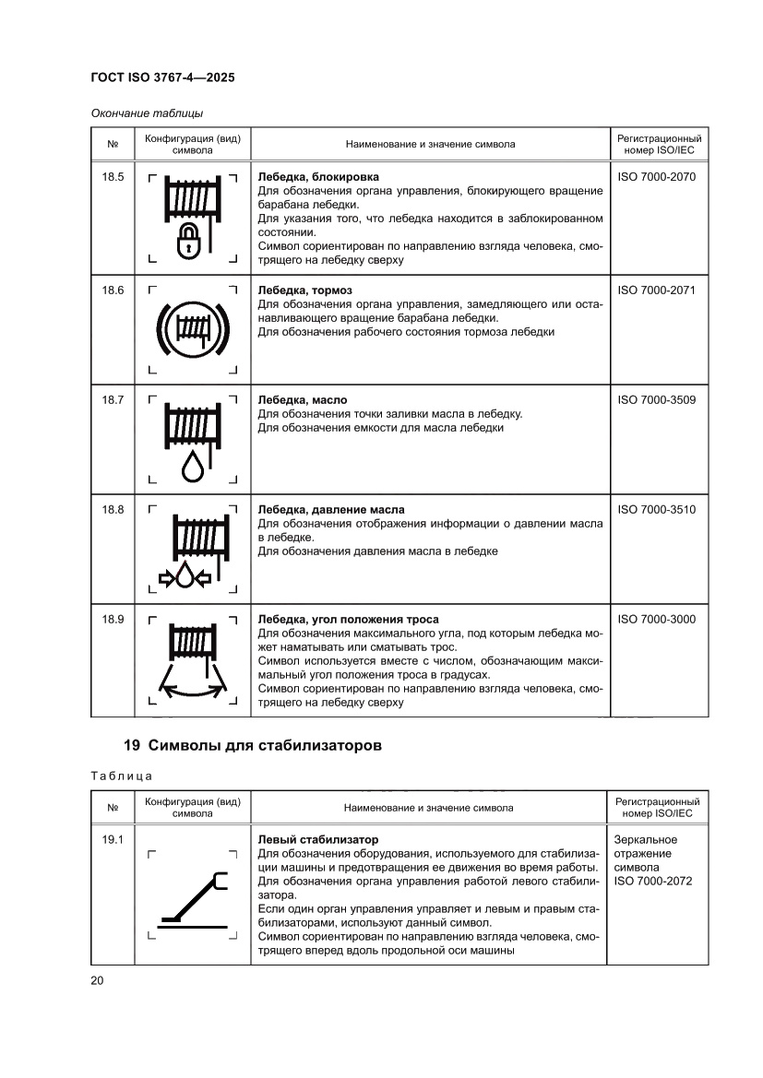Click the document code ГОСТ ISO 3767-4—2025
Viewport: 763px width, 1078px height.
pos(162,78)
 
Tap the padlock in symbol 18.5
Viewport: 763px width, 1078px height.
pos(188,241)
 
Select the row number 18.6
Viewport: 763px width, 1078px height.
pos(113,290)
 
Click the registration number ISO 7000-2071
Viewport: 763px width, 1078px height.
pos(656,290)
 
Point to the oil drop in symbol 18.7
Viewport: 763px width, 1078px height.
pos(193,466)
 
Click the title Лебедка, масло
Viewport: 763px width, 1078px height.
pos(302,399)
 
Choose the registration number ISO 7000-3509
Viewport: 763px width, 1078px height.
pos(656,399)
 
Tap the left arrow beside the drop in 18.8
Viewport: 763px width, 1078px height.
pos(168,578)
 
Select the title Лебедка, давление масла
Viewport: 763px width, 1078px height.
pos(330,509)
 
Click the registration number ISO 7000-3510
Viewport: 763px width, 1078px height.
pos(656,509)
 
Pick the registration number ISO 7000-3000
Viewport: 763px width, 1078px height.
pos(656,619)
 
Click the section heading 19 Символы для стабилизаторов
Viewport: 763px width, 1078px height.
pos(252,745)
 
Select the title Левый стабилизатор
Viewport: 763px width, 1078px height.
pos(317,839)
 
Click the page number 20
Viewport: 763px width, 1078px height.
pos(97,980)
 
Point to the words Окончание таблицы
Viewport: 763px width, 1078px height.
pos(147,113)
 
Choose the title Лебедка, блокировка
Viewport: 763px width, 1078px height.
pos(318,176)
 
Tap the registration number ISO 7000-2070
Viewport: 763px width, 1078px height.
pos(656,176)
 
